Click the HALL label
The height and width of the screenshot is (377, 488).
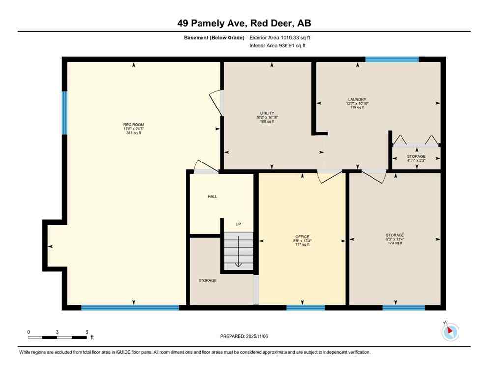click(x=212, y=196)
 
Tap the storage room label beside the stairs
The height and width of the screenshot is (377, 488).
click(x=207, y=280)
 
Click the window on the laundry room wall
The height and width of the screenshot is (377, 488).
click(x=392, y=59)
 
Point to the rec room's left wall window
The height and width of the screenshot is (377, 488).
click(x=64, y=113)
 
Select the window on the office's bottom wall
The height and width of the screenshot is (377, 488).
click(x=305, y=308)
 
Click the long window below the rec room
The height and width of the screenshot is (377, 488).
click(x=130, y=308)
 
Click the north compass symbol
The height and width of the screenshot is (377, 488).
click(x=450, y=332)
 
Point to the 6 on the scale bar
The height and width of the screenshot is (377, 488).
click(x=86, y=332)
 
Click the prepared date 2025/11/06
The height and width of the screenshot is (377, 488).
click(x=244, y=336)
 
